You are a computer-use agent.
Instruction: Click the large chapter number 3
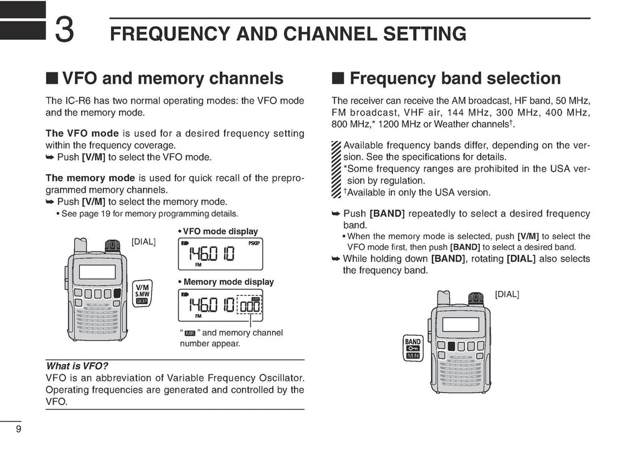(66, 31)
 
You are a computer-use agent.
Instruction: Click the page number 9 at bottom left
(19, 430)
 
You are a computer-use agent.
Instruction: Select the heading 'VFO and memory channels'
(165, 79)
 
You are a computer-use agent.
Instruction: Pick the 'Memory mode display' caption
(225, 282)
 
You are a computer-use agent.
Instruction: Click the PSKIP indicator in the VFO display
(254, 243)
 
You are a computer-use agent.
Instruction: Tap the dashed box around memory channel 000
(250, 306)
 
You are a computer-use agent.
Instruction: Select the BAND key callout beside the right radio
(413, 348)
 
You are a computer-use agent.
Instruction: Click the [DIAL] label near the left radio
(144, 242)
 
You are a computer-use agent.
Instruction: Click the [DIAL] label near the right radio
(507, 294)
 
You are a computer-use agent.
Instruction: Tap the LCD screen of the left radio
(97, 272)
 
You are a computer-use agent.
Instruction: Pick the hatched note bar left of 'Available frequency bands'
(337, 169)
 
